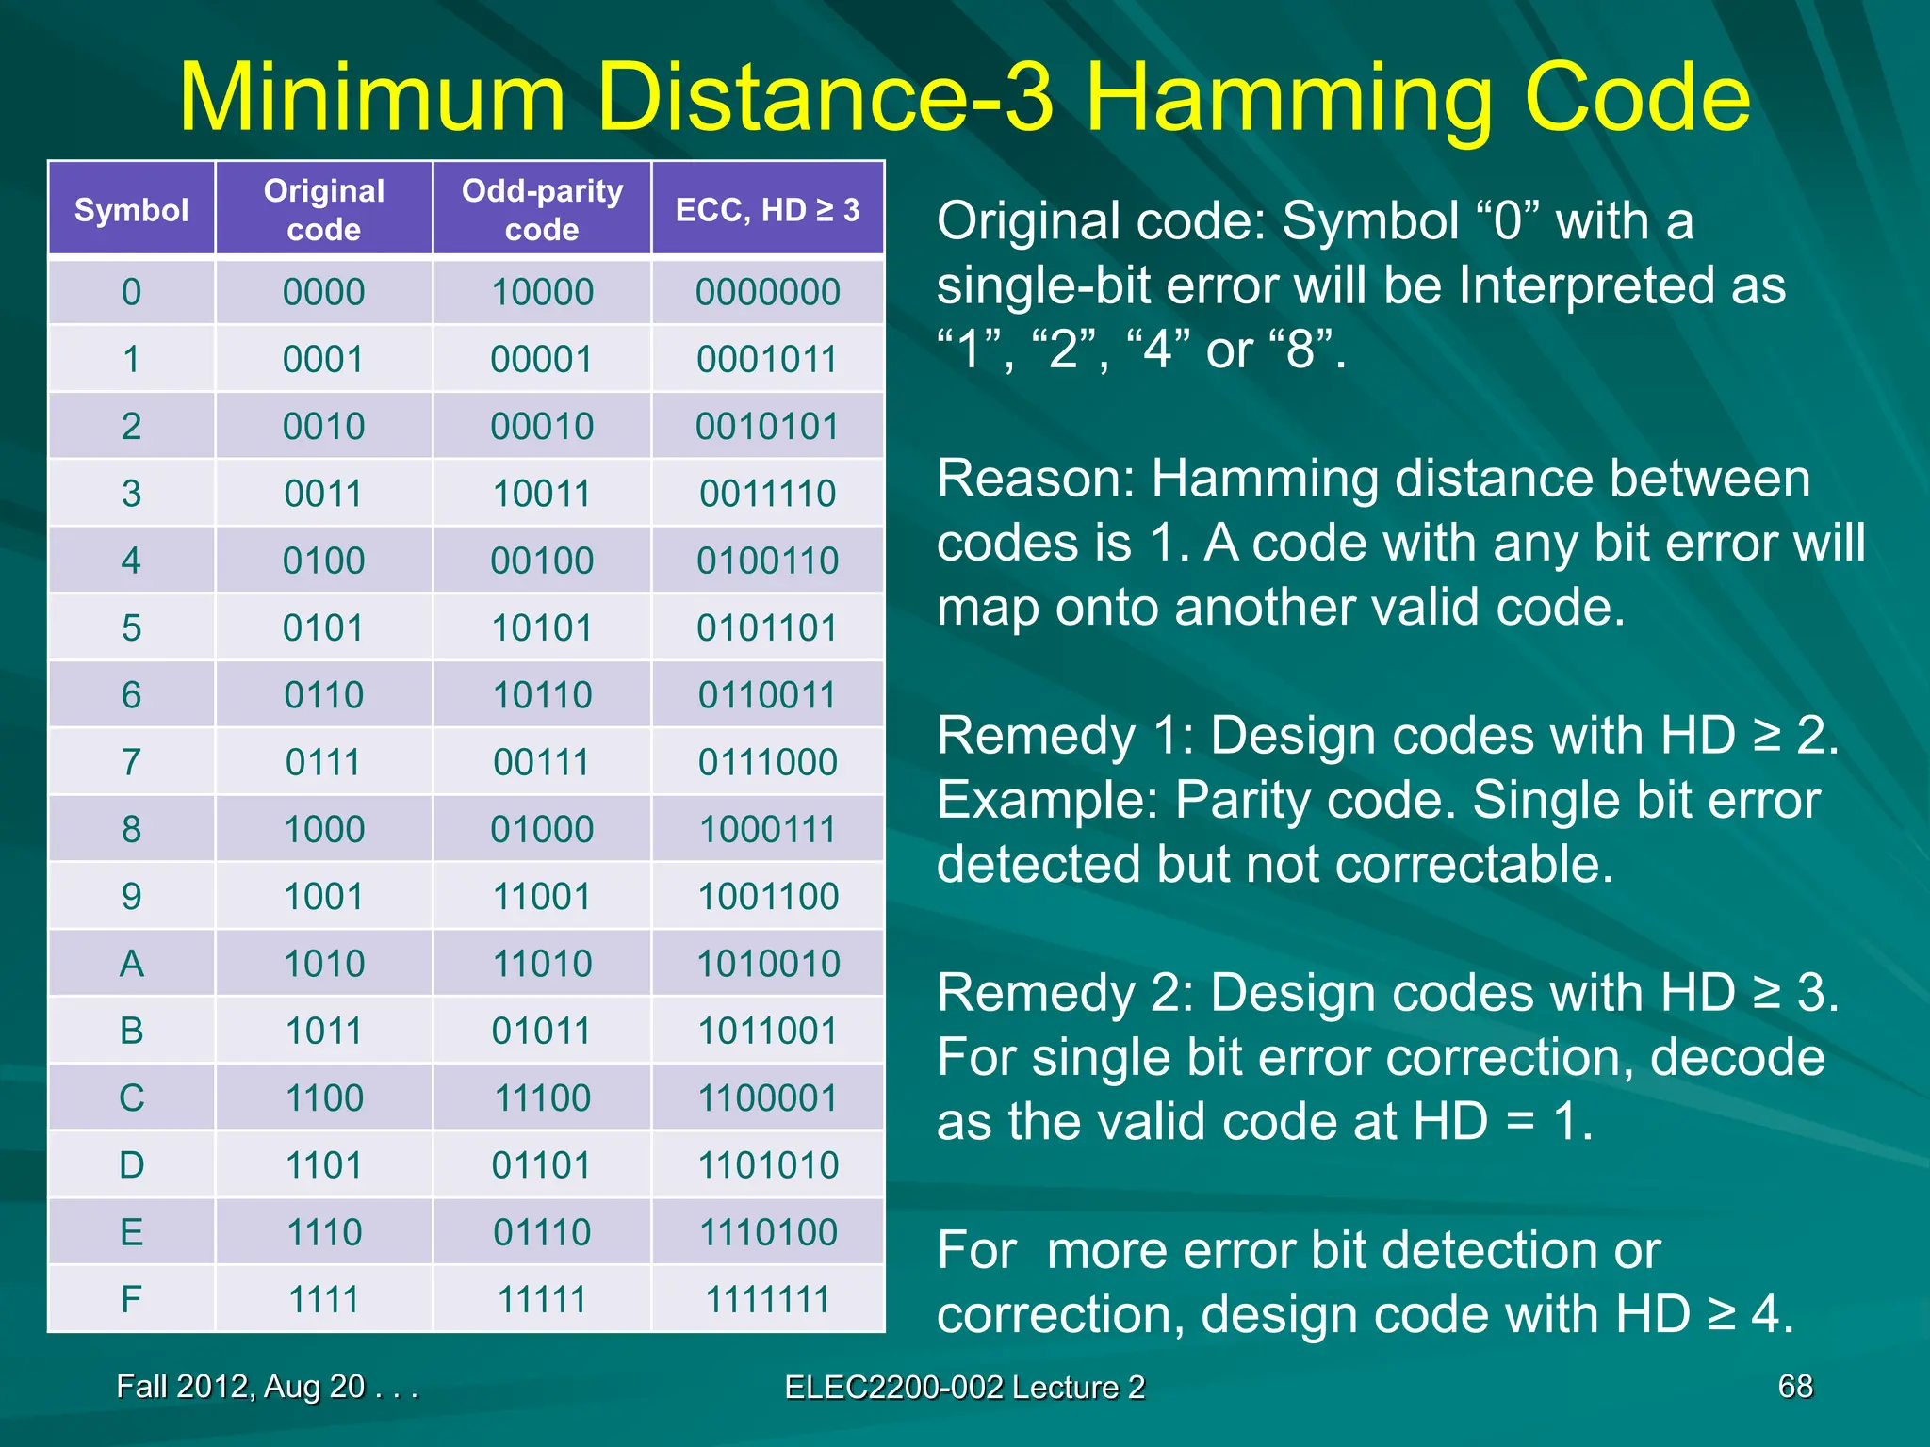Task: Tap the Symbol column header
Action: point(131,210)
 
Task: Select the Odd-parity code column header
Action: point(542,209)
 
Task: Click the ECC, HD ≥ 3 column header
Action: point(767,210)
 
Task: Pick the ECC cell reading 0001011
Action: point(767,359)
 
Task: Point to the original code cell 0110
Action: point(323,695)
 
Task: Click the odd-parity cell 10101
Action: point(542,628)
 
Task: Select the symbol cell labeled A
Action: point(131,964)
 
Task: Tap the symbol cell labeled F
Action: point(131,1299)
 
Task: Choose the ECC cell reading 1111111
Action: point(767,1299)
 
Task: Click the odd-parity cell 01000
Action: point(542,830)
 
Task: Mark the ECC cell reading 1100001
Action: point(767,1098)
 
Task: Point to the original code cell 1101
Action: point(323,1165)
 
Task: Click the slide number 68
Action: point(1794,1387)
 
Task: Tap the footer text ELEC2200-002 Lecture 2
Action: point(964,1388)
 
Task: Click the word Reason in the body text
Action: point(1035,479)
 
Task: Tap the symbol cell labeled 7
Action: point(131,762)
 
